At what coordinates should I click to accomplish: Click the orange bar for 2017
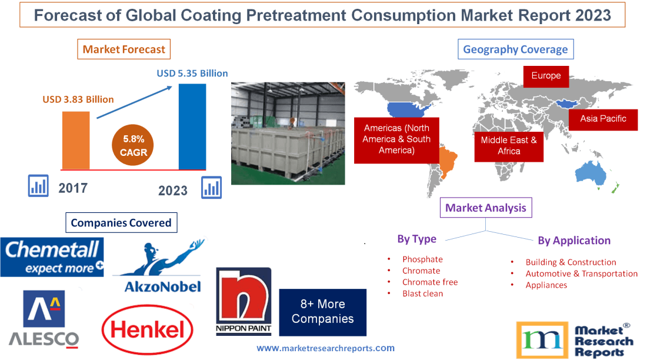[x=76, y=140]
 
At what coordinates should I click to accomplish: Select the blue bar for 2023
[x=192, y=126]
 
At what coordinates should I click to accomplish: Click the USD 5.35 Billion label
[x=192, y=74]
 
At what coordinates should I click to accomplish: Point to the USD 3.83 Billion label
[x=78, y=99]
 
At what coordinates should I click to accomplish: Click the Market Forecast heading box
[x=124, y=49]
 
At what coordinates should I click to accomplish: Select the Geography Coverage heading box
[x=515, y=49]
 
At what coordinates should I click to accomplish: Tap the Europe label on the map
[x=545, y=76]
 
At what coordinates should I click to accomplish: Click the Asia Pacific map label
[x=603, y=119]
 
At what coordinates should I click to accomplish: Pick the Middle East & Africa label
[x=509, y=145]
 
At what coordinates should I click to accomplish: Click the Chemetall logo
[x=52, y=257]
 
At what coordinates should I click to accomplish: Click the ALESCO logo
[x=44, y=318]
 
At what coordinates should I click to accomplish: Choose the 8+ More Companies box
[x=322, y=312]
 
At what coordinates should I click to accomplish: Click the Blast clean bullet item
[x=422, y=294]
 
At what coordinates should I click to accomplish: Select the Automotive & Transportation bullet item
[x=581, y=274]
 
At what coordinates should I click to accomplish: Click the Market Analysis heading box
[x=485, y=208]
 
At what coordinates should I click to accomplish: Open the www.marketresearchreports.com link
[x=325, y=348]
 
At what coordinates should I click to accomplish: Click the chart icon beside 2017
[x=38, y=186]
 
